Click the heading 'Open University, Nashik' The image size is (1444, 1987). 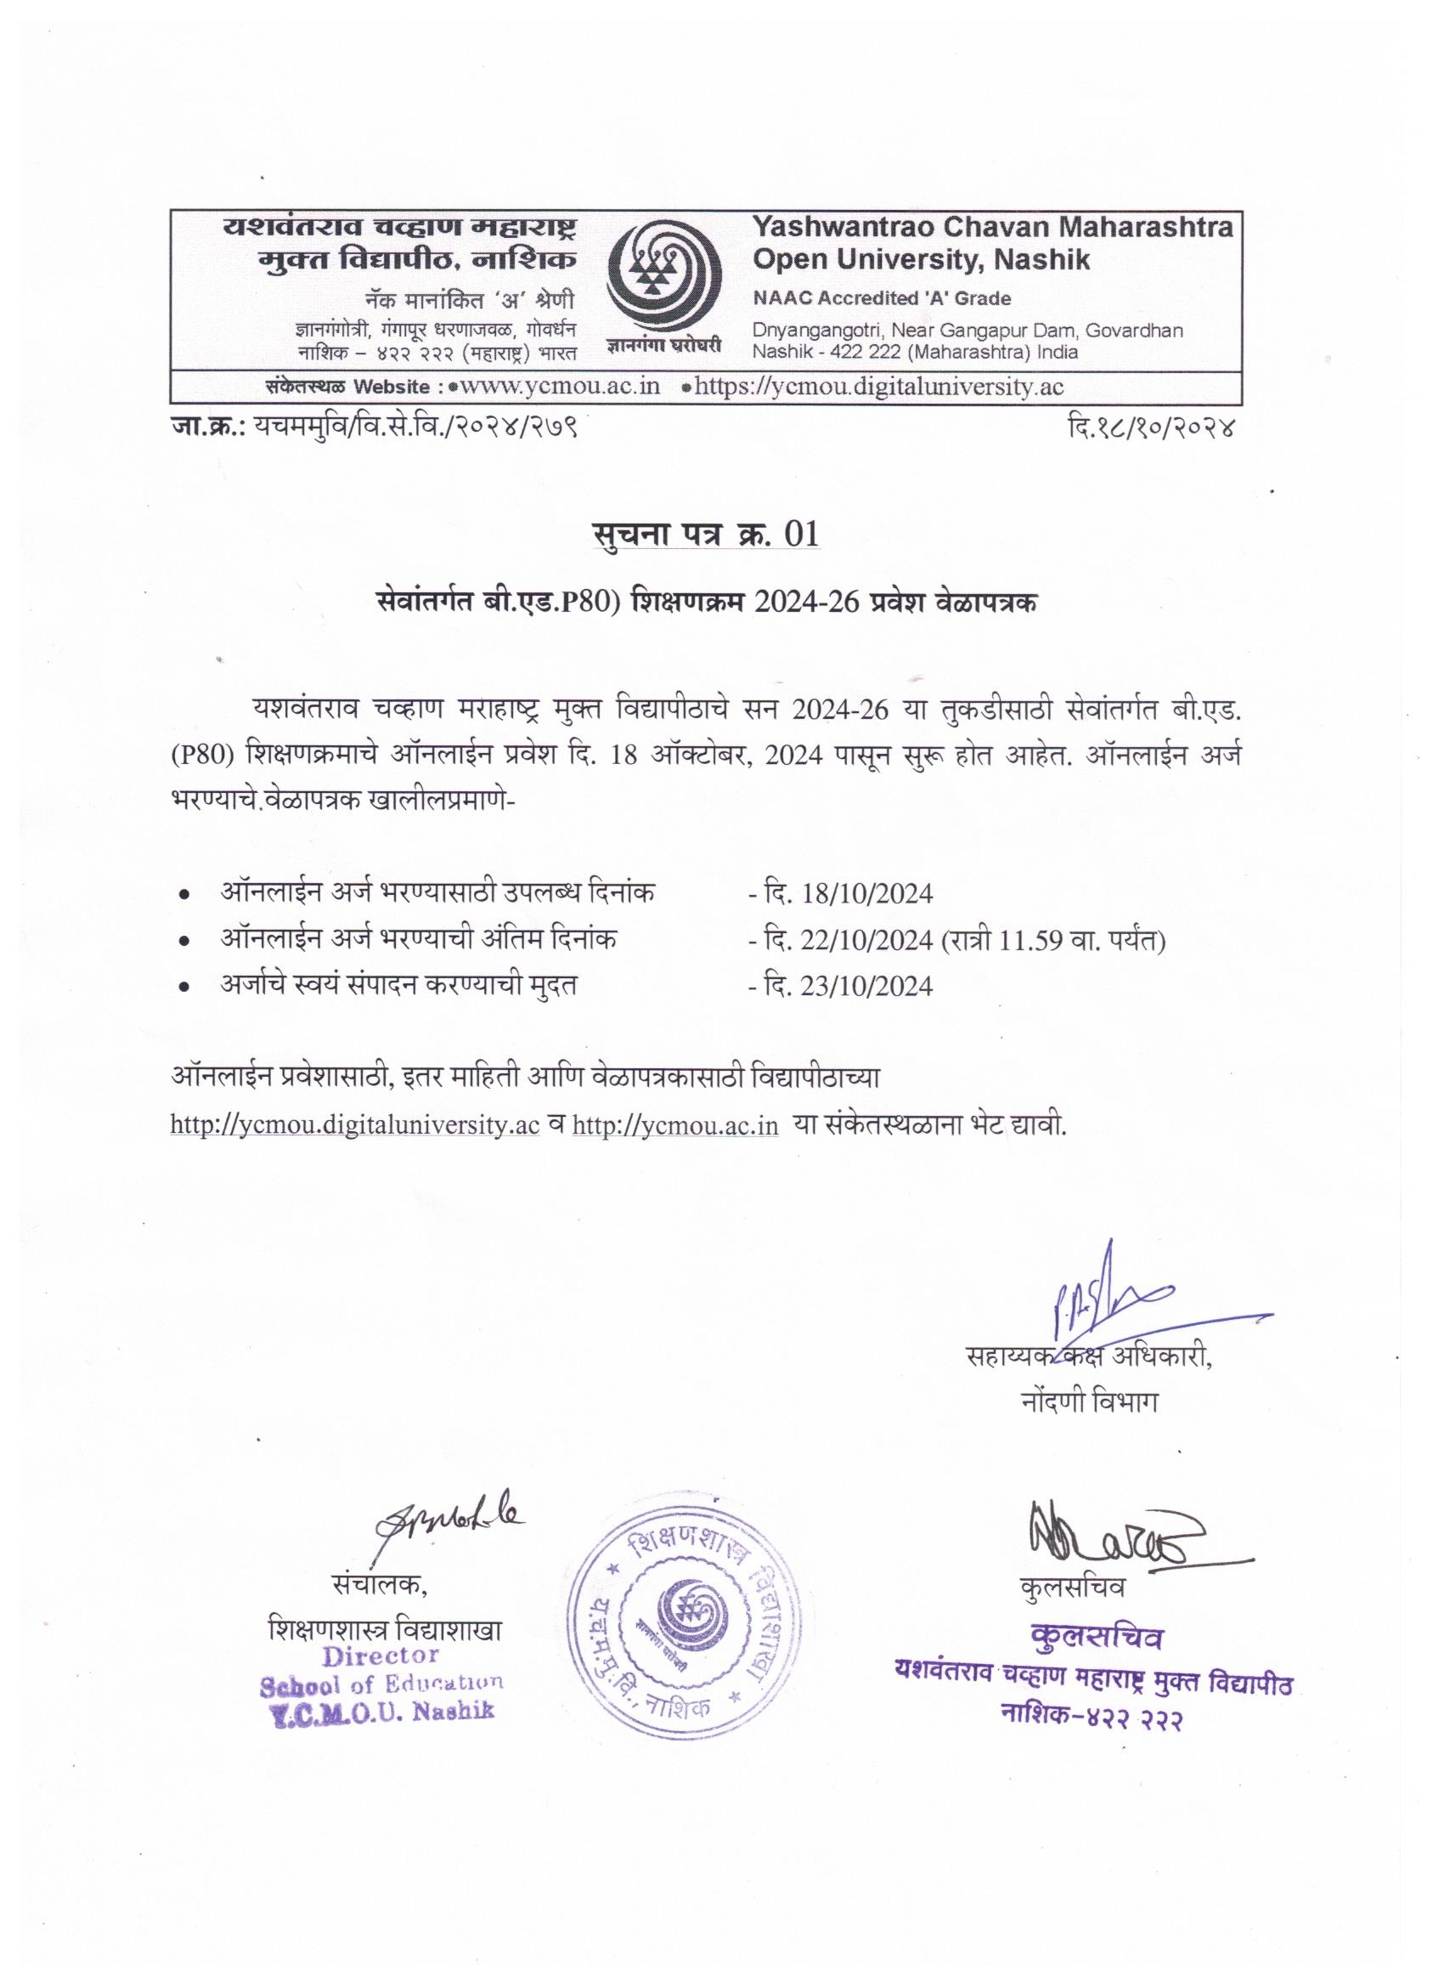coord(922,260)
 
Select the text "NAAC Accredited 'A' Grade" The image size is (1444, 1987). coord(882,299)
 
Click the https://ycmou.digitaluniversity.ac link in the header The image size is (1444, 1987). coord(878,388)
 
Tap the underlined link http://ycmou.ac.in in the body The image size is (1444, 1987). coord(675,1126)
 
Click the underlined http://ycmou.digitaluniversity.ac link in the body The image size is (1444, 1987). coord(355,1126)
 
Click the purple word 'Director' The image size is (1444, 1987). coord(380,1656)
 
